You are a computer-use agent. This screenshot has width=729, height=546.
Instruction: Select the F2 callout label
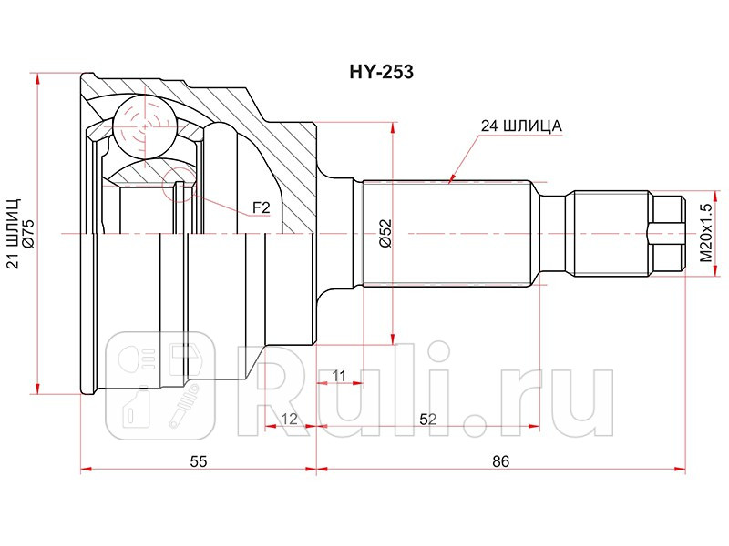262,208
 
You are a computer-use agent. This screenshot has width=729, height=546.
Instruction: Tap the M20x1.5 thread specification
703,234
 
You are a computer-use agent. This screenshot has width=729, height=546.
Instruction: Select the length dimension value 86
499,461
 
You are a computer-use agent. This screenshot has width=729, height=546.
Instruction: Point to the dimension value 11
338,375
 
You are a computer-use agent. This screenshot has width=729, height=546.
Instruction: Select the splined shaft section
447,234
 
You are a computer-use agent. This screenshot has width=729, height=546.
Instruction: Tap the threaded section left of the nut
611,234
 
